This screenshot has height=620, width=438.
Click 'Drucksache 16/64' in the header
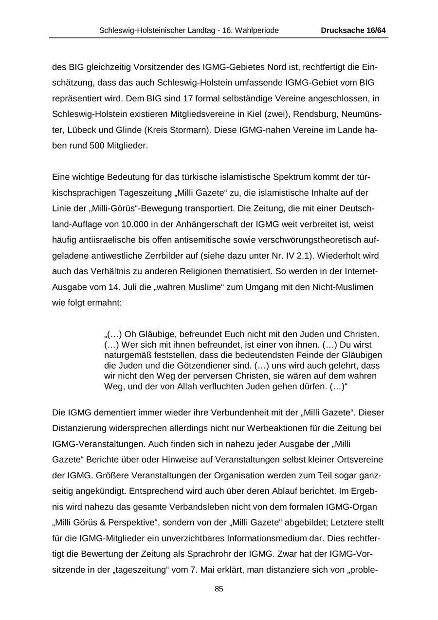pyautogui.click(x=353, y=30)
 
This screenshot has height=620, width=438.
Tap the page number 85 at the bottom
pyautogui.click(x=219, y=589)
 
